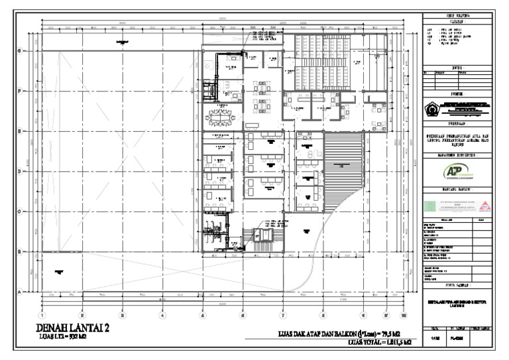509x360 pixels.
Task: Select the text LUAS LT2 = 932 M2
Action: pyautogui.click(x=63, y=337)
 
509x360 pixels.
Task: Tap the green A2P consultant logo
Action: pyautogui.click(x=454, y=172)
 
